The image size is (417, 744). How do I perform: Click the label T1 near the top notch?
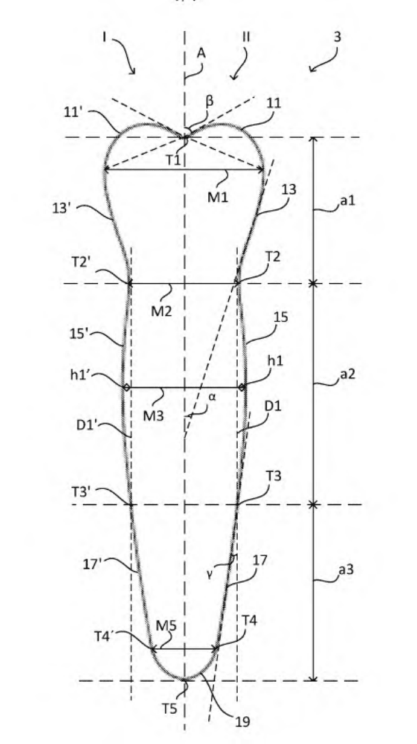coord(173,160)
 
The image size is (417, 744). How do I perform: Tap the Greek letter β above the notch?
coord(209,101)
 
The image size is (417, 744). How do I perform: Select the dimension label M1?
coord(217,197)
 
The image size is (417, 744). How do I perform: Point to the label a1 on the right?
coord(348,200)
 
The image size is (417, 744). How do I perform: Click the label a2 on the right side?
coord(348,374)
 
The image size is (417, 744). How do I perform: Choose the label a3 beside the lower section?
coord(346,569)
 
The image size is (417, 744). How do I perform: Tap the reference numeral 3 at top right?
coord(337,36)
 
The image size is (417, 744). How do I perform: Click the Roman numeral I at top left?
coord(104,37)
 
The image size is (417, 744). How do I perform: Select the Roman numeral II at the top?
coord(246,36)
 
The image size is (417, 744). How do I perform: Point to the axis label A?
coord(201,53)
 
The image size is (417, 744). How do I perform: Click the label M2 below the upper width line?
coord(161,311)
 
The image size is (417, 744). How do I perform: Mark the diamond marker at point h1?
coord(242,387)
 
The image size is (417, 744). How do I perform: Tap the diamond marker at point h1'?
coord(127,387)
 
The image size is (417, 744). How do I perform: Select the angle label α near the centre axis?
coord(212,397)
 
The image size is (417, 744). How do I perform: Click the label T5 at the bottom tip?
coord(170,709)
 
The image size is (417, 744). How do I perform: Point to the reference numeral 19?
coord(243,722)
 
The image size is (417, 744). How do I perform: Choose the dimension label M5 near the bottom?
coord(166,626)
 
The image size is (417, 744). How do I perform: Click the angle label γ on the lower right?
coord(209,575)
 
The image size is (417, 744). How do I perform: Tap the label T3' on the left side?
coord(81,492)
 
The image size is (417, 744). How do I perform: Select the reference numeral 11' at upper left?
coord(72,112)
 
